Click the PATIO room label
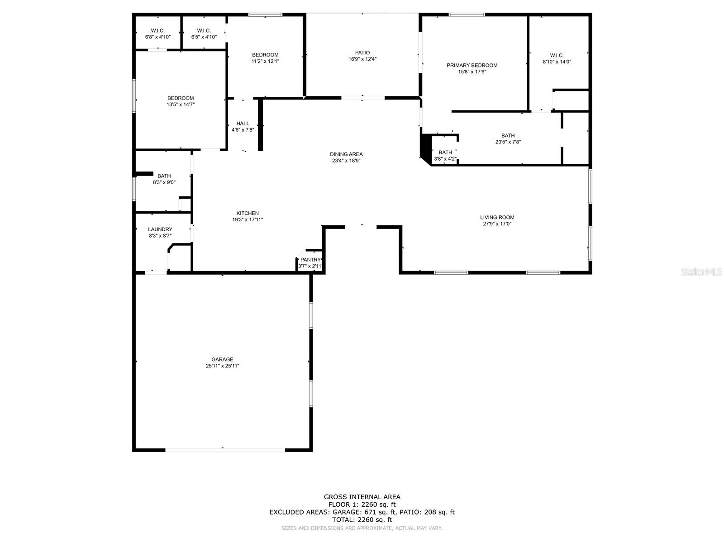tap(362, 52)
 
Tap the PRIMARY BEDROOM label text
tap(472, 65)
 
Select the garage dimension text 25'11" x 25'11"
tap(222, 366)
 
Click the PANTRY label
tap(310, 260)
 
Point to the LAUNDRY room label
tap(160, 229)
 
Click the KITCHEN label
tap(248, 213)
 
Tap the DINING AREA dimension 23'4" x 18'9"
tap(346, 161)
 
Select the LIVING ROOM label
tap(497, 217)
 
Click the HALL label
tap(243, 124)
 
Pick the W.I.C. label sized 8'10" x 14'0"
tap(557, 55)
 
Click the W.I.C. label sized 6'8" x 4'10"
tap(158, 31)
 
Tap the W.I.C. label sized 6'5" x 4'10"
tap(204, 31)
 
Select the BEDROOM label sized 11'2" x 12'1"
tap(265, 55)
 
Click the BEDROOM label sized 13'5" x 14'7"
tap(181, 98)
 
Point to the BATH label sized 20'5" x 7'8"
tap(508, 135)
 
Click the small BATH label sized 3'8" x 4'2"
tap(445, 152)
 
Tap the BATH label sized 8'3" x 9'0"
tap(164, 176)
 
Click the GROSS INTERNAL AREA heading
tap(362, 497)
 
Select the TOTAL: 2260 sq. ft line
tap(362, 520)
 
